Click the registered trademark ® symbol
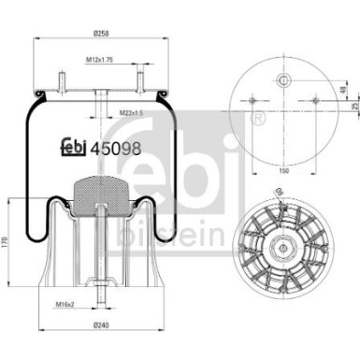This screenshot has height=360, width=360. (x=259, y=118)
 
